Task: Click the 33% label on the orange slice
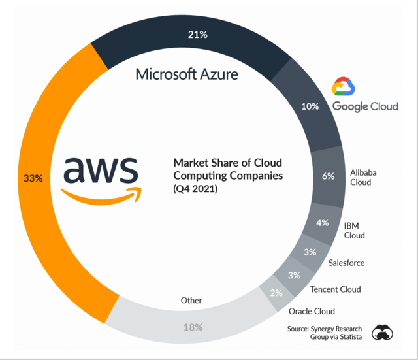point(33,178)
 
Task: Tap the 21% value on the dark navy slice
point(197,35)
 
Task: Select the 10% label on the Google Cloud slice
point(310,106)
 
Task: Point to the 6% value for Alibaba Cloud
point(328,176)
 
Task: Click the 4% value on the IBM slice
point(323,223)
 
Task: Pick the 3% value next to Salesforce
point(310,252)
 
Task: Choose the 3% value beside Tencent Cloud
point(295,275)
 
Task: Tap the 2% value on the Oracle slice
point(276,293)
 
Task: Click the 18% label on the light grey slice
point(193,327)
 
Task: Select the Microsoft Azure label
point(187,74)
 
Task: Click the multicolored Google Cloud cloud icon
point(343,86)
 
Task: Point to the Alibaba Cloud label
point(363,177)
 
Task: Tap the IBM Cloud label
point(354,231)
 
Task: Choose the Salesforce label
point(346,263)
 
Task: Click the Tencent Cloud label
point(335,289)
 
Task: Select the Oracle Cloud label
point(312,311)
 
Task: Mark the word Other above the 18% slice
point(191,301)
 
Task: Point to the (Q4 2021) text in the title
point(195,189)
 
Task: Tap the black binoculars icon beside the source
point(383,333)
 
